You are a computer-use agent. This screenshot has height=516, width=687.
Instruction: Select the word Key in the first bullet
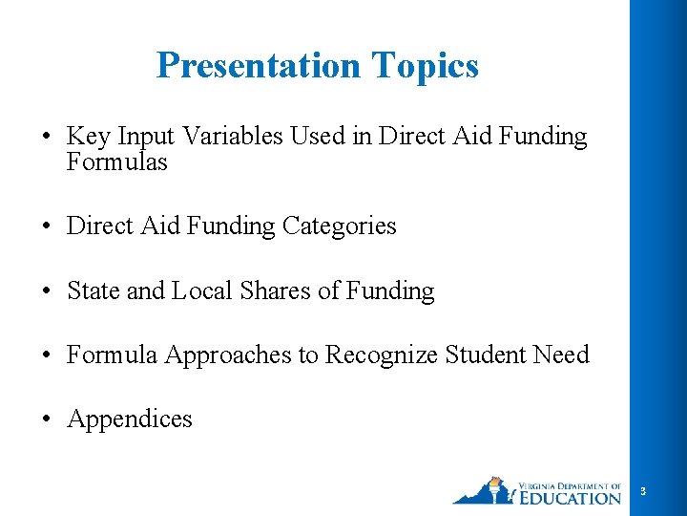click(x=88, y=138)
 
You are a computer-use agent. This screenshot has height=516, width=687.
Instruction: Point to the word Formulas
click(x=116, y=162)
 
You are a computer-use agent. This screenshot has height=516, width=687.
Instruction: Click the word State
click(x=94, y=290)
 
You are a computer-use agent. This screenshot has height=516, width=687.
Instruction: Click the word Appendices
click(x=129, y=419)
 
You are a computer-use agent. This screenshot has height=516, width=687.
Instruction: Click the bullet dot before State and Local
click(x=45, y=291)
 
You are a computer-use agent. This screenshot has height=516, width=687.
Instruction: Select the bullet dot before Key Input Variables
click(x=45, y=138)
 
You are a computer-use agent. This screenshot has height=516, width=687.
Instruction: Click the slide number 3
click(x=643, y=491)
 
